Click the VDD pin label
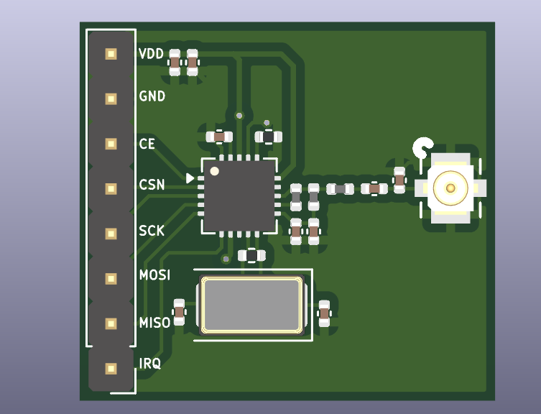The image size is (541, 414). tap(151, 54)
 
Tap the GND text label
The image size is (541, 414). tap(152, 96)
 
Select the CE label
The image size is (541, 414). tap(147, 144)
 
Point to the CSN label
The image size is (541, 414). tap(152, 185)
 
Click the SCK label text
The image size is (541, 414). tap(152, 231)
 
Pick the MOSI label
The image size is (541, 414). tap(154, 275)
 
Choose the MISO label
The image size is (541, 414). tap(154, 323)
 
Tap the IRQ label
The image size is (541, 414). tap(149, 364)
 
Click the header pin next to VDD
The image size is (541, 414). tap(111, 54)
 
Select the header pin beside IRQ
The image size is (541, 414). tap(111, 369)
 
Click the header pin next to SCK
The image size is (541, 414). tap(111, 234)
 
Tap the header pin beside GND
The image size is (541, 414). tap(111, 98)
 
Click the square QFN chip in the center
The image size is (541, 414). tap(239, 195)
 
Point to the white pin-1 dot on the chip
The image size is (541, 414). tap(214, 171)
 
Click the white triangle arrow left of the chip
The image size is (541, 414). tap(190, 178)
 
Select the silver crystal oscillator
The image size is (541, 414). tap(251, 305)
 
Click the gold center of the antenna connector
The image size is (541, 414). tap(450, 188)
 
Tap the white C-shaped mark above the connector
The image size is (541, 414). tap(422, 148)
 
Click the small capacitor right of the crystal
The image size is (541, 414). tap(324, 313)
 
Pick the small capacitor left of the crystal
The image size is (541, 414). tap(180, 312)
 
